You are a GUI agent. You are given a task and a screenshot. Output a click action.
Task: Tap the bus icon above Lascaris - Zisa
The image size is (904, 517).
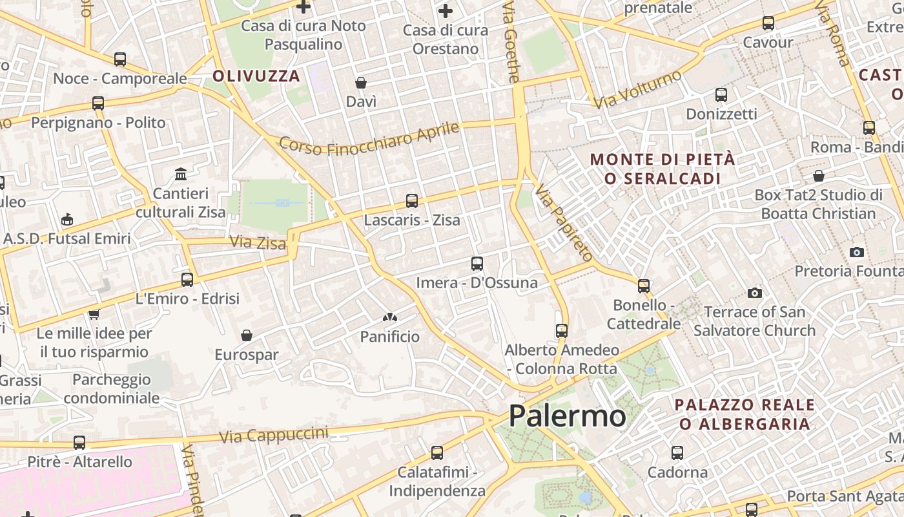[x=412, y=201]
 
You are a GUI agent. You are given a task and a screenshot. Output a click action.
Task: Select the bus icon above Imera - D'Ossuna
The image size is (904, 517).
[x=477, y=264]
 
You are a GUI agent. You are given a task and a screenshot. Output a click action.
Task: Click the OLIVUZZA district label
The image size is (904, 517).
[x=256, y=76]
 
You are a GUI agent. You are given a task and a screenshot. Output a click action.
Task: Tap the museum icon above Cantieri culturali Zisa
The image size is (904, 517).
[x=181, y=174]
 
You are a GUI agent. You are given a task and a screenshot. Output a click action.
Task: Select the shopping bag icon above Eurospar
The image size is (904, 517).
[x=246, y=335]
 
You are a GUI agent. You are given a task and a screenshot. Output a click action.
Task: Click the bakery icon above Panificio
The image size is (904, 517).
[x=389, y=317]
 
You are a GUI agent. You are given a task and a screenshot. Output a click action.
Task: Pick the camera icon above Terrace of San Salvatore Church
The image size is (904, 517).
[x=754, y=293]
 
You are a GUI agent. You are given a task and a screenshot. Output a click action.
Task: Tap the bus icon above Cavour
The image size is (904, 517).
[x=768, y=23]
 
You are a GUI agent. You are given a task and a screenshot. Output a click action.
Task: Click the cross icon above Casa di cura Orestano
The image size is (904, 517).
[x=445, y=11]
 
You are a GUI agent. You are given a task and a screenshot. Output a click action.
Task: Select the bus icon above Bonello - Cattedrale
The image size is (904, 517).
[x=644, y=286]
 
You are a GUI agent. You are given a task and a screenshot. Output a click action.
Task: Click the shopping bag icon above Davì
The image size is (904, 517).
[x=361, y=83]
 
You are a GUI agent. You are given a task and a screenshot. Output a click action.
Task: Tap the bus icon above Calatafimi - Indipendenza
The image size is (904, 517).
[x=437, y=453]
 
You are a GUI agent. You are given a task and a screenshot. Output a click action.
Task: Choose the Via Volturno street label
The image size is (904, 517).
[x=637, y=89]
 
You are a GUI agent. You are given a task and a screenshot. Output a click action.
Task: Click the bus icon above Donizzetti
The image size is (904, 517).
[x=721, y=95]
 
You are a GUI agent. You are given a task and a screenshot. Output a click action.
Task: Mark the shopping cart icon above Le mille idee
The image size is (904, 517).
[x=94, y=315]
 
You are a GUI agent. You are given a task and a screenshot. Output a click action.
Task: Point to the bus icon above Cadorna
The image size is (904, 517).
[x=677, y=453]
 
